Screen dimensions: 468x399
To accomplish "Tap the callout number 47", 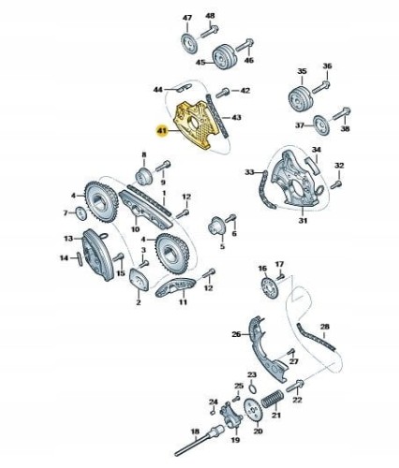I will pyautogui.click(x=186, y=19).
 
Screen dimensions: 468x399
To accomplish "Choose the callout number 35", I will pyautogui.click(x=302, y=71).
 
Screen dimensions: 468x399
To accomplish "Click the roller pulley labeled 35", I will pyautogui.click(x=300, y=97).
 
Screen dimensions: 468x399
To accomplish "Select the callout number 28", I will pyautogui.click(x=325, y=326).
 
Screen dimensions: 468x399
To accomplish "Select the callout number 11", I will pyautogui.click(x=184, y=303).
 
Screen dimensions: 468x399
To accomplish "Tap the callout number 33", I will pyautogui.click(x=249, y=172).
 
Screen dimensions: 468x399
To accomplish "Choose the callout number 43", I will pyautogui.click(x=237, y=116).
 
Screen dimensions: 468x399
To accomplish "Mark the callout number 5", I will pyautogui.click(x=222, y=249).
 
